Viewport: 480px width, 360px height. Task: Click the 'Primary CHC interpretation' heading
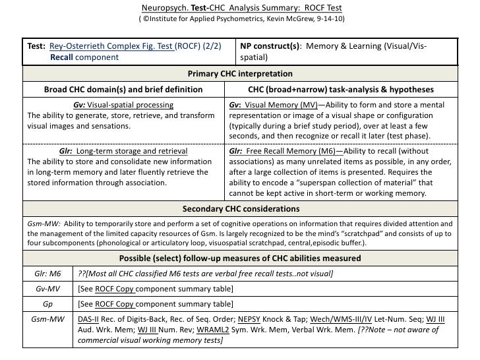[x=240, y=74]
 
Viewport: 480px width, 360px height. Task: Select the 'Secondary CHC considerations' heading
[x=240, y=209]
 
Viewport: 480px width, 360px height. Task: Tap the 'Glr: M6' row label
[x=47, y=274]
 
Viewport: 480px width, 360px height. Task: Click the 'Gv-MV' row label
[x=47, y=289]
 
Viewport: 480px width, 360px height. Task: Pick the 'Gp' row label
[x=47, y=304]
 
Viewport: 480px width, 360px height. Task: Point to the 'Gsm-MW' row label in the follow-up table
[x=47, y=319]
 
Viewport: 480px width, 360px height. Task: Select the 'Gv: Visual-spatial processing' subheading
[x=123, y=105]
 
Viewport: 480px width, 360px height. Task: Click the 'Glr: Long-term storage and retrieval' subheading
[x=123, y=151]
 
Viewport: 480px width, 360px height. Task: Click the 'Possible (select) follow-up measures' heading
[x=240, y=258]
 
